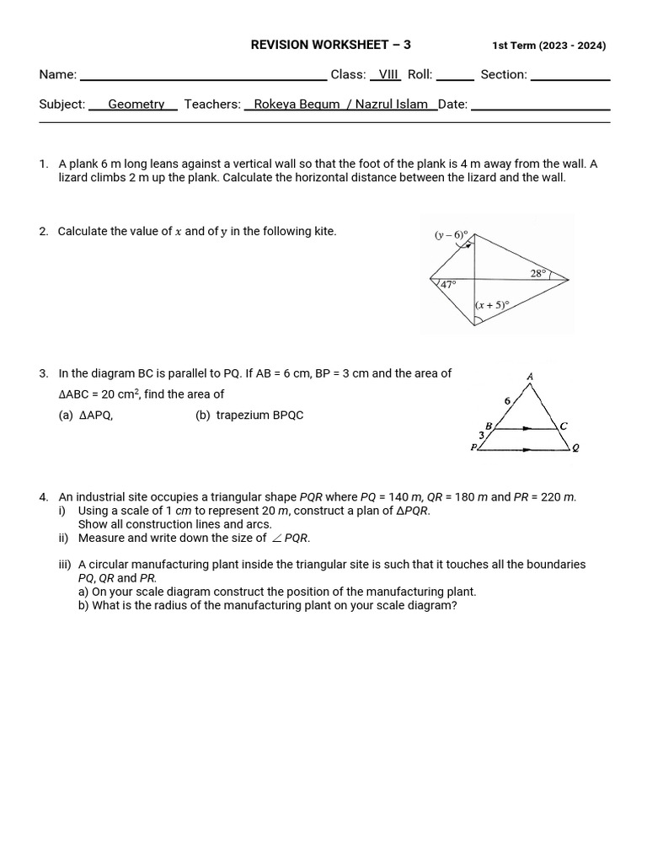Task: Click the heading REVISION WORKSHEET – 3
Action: click(x=331, y=46)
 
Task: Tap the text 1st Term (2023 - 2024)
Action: click(x=548, y=46)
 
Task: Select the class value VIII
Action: click(x=388, y=74)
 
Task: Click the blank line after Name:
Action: click(x=202, y=76)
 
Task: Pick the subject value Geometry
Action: click(x=136, y=104)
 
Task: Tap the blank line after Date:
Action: click(x=539, y=105)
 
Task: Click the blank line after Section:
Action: click(x=570, y=76)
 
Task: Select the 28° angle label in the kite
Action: click(x=538, y=273)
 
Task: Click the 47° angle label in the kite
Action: click(x=448, y=285)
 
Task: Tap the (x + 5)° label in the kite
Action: click(x=492, y=306)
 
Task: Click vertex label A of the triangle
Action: click(x=530, y=376)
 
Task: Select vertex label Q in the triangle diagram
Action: click(x=575, y=448)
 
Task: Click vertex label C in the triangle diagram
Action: click(x=564, y=426)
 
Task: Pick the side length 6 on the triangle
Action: click(x=507, y=401)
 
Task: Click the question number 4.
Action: click(x=43, y=497)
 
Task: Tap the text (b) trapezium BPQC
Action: click(x=249, y=415)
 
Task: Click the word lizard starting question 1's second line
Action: click(x=72, y=178)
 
